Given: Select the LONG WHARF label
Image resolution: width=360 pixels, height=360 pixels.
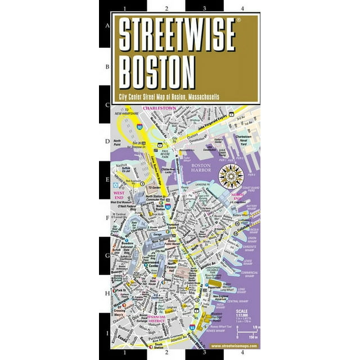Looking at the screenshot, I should [x=240, y=291].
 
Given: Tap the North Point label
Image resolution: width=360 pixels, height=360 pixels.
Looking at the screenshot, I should [x=118, y=143].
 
